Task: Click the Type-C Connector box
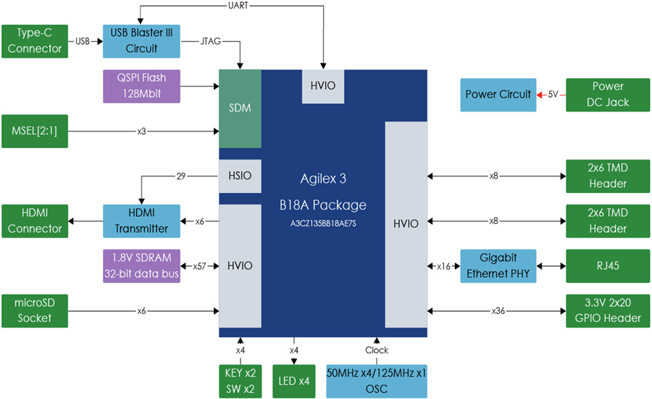pyautogui.click(x=35, y=41)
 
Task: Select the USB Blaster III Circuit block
pyautogui.click(x=141, y=41)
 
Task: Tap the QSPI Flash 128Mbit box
pyautogui.click(x=141, y=86)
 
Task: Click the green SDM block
pyautogui.click(x=240, y=108)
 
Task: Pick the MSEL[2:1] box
pyautogui.click(x=35, y=131)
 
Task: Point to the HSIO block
pyautogui.click(x=240, y=176)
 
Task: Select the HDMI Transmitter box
pyautogui.click(x=141, y=221)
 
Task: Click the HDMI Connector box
pyautogui.click(x=35, y=221)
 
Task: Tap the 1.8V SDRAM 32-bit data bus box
pyautogui.click(x=141, y=266)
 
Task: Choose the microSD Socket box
pyautogui.click(x=35, y=310)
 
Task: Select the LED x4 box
pyautogui.click(x=294, y=381)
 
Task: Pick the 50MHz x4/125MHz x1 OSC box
pyautogui.click(x=376, y=381)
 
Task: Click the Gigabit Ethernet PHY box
pyautogui.click(x=498, y=266)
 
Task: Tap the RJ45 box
pyautogui.click(x=608, y=266)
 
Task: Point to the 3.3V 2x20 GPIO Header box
pyautogui.click(x=608, y=310)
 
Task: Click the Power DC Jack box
pyautogui.click(x=608, y=94)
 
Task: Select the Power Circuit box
pyautogui.click(x=498, y=94)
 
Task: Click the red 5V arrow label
pyautogui.click(x=552, y=94)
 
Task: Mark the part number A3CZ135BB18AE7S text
pyautogui.click(x=323, y=223)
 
